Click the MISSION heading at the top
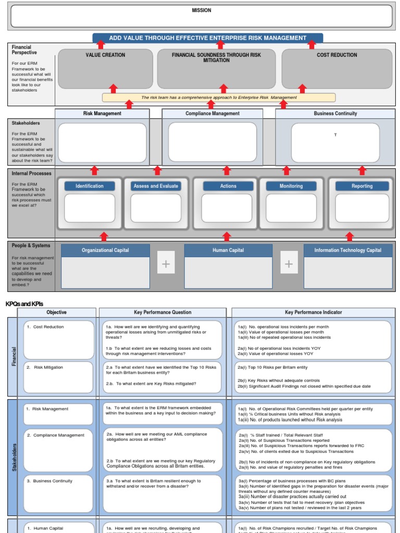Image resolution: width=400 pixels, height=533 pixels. click(202, 10)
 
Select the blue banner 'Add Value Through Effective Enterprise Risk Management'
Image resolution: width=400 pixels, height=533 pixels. click(208, 38)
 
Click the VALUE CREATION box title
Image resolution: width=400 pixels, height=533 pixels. click(105, 55)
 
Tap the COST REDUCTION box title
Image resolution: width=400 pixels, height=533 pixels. click(336, 55)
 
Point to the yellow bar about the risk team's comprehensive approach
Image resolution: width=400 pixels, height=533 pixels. click(219, 97)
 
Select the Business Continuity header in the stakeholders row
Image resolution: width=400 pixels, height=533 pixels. click(335, 113)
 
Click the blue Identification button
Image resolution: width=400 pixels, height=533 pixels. click(90, 186)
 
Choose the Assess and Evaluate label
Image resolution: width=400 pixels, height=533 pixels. click(156, 186)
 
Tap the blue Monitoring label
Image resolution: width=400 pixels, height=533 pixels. click(291, 186)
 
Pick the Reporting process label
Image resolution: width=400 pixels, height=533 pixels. click(361, 186)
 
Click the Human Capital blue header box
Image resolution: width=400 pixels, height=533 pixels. click(228, 250)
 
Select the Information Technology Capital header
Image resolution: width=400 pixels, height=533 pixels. click(347, 250)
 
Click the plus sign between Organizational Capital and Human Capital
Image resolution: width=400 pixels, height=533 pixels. click(166, 264)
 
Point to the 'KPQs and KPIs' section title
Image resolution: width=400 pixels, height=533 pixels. click(24, 303)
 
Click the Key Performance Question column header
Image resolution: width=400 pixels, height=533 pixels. click(162, 312)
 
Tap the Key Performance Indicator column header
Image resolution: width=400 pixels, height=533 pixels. click(314, 312)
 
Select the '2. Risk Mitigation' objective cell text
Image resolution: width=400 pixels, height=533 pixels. click(48, 367)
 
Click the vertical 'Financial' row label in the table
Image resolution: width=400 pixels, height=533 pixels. click(13, 357)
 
